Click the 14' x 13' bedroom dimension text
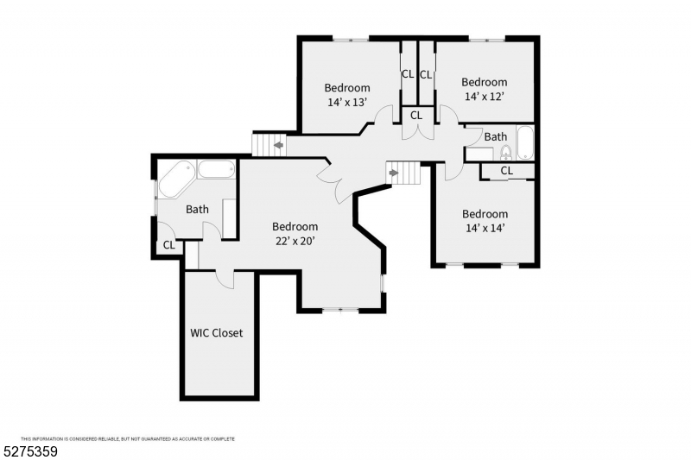click(347, 102)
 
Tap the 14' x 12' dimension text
click(485, 97)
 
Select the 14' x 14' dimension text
click(485, 229)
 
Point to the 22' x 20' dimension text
click(295, 242)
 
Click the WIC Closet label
click(217, 333)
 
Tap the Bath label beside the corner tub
click(198, 209)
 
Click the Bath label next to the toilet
click(495, 137)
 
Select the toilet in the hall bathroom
click(506, 153)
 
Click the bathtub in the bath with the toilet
click(524, 142)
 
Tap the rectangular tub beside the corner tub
click(216, 169)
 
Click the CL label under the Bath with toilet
click(507, 171)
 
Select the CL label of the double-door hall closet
click(415, 115)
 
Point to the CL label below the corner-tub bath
click(169, 246)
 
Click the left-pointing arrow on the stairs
click(278, 145)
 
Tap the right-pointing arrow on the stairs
click(394, 173)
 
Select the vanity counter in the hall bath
click(479, 154)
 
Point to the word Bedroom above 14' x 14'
click(485, 214)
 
